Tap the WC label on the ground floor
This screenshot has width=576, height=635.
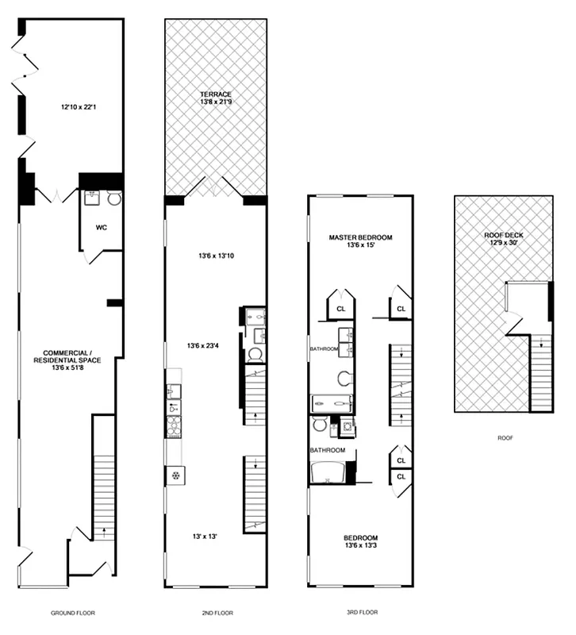[102, 227]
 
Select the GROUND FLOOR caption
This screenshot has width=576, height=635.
[73, 613]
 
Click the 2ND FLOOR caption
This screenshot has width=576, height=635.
[215, 613]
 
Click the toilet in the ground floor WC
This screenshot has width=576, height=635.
[113, 199]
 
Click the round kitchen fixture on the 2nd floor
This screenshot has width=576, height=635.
[174, 475]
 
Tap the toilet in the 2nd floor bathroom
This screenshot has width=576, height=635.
[255, 354]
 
